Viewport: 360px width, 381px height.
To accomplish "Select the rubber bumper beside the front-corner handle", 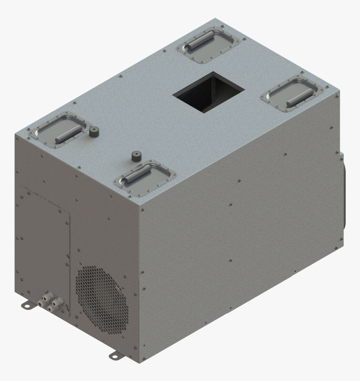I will point(136,157).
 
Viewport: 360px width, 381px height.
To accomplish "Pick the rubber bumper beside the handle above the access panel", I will point(94,132).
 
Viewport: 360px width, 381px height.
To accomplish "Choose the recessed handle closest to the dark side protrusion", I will point(293,94).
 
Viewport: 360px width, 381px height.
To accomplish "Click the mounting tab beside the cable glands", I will point(26,306).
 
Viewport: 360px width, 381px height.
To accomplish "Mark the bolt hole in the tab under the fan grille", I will point(113,356).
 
